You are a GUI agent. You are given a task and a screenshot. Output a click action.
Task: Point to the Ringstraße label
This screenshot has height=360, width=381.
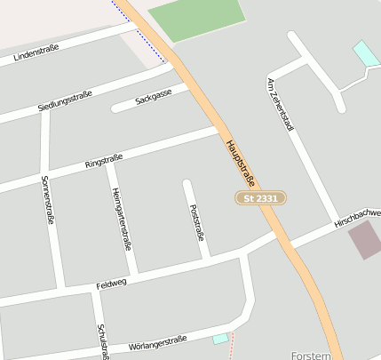pos(103,161)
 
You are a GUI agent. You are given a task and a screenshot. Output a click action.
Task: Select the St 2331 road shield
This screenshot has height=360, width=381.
pos(261,198)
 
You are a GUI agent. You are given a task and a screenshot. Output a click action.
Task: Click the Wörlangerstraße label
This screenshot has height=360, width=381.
pos(157,341)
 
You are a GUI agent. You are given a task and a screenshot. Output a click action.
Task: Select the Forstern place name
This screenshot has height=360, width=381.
pos(310,354)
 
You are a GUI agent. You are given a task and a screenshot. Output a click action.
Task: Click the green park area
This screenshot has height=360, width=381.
pos(196,20)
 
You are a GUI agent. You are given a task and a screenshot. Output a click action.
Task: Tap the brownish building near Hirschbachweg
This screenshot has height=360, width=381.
pos(364,240)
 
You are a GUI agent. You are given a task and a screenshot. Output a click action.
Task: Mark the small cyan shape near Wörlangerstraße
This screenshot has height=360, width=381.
pos(220,338)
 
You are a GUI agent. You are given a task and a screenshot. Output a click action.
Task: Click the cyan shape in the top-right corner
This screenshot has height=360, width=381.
pos(366,52)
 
